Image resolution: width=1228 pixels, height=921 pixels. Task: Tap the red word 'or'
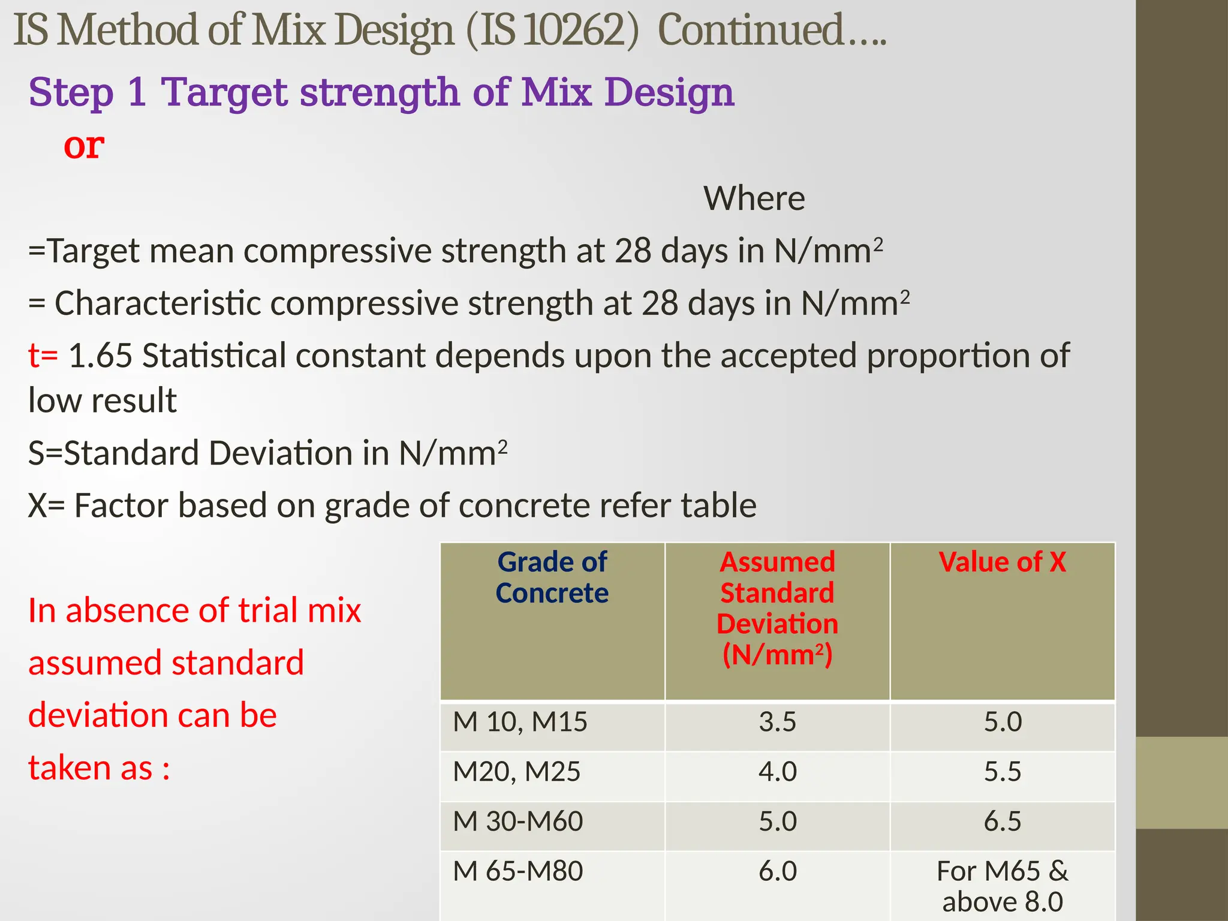point(84,146)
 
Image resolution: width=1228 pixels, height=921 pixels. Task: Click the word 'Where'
point(754,198)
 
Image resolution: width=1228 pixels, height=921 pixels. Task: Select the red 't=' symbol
point(43,356)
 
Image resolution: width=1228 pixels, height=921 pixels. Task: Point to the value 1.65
point(100,356)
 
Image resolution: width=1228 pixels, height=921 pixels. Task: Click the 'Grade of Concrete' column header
point(552,577)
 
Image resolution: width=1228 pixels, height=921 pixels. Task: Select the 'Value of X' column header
point(1002,562)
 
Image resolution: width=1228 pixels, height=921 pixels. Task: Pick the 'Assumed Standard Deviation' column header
point(777,608)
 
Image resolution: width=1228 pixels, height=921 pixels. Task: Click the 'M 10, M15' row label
point(520,721)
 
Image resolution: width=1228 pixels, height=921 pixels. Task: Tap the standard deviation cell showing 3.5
point(777,721)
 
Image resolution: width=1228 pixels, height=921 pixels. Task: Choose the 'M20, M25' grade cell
point(516,771)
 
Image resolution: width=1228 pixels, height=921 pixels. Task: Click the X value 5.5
point(1002,771)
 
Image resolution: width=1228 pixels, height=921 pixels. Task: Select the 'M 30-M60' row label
point(517,821)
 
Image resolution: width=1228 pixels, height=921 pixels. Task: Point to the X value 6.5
point(1002,821)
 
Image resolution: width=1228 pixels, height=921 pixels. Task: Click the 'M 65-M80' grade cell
point(517,871)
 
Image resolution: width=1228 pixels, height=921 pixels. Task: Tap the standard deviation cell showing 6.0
point(777,871)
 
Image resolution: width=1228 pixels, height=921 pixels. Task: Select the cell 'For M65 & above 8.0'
point(1002,886)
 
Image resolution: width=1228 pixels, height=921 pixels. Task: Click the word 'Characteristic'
point(157,303)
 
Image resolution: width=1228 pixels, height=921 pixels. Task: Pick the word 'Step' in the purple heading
point(71,93)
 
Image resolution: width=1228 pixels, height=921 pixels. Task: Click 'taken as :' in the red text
point(99,768)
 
